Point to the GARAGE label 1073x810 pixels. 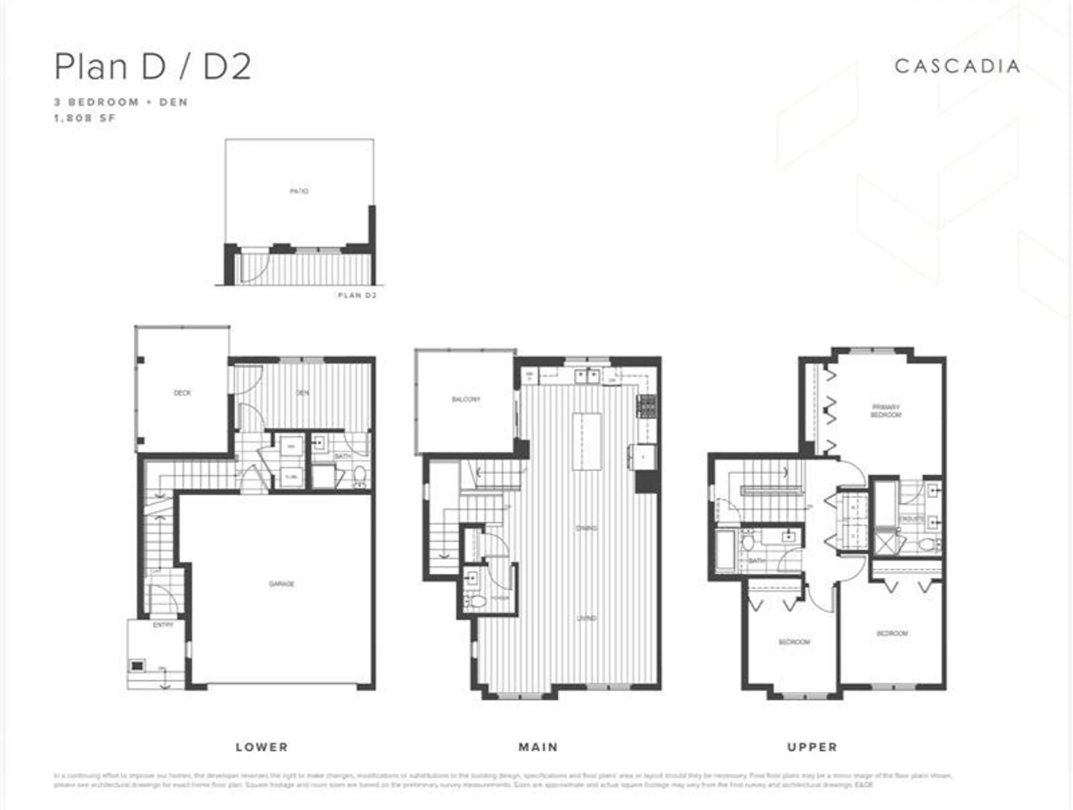282,584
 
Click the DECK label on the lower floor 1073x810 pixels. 182,393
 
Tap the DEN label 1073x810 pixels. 303,393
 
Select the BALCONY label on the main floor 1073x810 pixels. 466,399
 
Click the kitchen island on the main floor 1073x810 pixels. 587,441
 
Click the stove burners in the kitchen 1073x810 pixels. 647,407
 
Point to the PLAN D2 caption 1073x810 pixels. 357,295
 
